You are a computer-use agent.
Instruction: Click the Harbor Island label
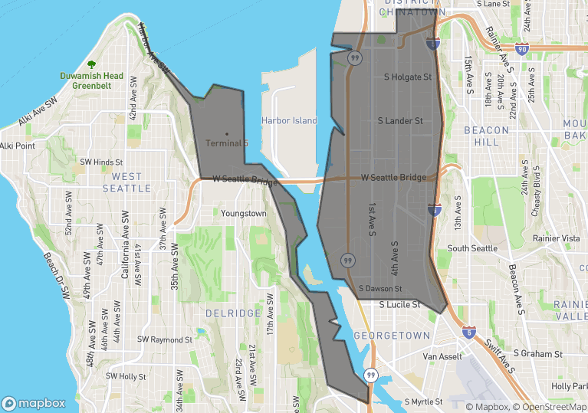click(x=288, y=121)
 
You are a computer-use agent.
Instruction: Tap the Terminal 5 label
click(x=227, y=143)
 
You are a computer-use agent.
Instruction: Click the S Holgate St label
click(x=408, y=77)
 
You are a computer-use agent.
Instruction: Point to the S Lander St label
click(x=400, y=121)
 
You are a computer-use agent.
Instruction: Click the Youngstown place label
click(x=244, y=213)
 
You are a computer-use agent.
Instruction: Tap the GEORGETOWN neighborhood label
click(x=392, y=336)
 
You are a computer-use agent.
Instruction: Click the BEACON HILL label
click(x=486, y=136)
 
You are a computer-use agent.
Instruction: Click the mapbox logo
click(x=34, y=403)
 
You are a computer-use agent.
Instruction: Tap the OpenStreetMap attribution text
click(x=550, y=407)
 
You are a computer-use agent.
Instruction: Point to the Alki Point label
click(x=18, y=146)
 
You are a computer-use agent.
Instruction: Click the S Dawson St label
click(x=380, y=289)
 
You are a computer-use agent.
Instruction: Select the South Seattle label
click(x=472, y=249)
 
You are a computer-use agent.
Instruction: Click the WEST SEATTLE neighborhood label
click(x=126, y=182)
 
